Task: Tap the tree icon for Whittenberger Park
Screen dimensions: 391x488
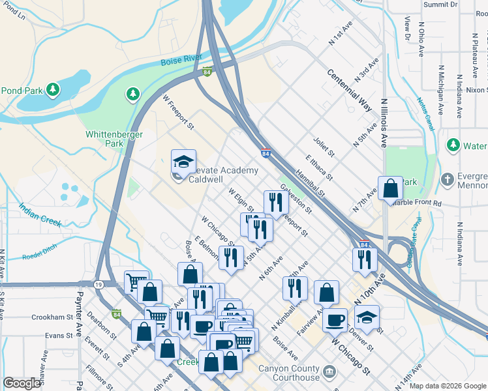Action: tap(133, 94)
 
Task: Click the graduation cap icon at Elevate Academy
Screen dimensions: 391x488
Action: tap(183, 161)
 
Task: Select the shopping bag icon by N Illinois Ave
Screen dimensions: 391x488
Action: tap(390, 188)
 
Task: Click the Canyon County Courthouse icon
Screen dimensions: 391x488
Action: tap(330, 372)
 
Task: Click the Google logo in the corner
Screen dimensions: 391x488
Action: tap(22, 383)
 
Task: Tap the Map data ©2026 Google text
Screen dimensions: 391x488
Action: tap(448, 386)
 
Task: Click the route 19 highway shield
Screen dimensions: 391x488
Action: tap(98, 285)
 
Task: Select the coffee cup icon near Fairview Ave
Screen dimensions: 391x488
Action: tap(335, 319)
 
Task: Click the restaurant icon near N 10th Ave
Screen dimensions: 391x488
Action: tap(364, 258)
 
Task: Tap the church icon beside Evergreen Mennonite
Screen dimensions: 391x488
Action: tap(447, 179)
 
